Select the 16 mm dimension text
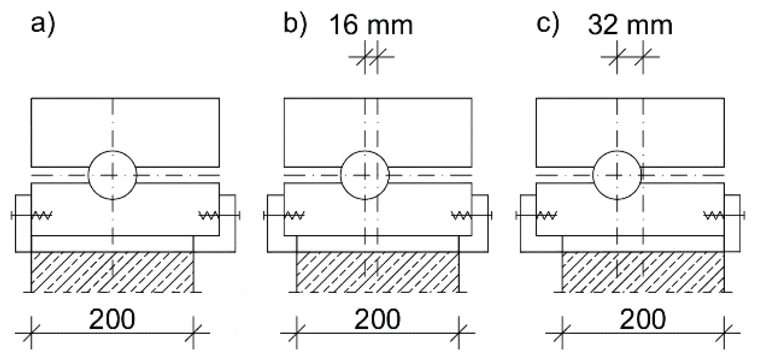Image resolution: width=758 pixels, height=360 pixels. click(371, 25)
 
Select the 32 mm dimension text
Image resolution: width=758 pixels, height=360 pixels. click(630, 25)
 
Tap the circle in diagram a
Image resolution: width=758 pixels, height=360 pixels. click(112, 175)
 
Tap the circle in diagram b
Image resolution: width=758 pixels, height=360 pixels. click(365, 175)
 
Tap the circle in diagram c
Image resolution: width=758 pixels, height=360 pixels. click(617, 175)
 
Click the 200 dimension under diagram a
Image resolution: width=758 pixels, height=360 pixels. click(112, 319)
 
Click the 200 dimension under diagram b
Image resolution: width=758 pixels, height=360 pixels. click(377, 319)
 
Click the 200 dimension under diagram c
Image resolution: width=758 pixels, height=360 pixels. click(642, 319)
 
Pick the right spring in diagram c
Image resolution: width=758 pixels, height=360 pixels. click(713, 215)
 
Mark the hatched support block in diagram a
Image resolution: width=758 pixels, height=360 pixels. click(112, 272)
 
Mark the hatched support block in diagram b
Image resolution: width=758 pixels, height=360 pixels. click(377, 272)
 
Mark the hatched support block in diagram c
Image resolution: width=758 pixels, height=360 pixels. click(643, 272)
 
